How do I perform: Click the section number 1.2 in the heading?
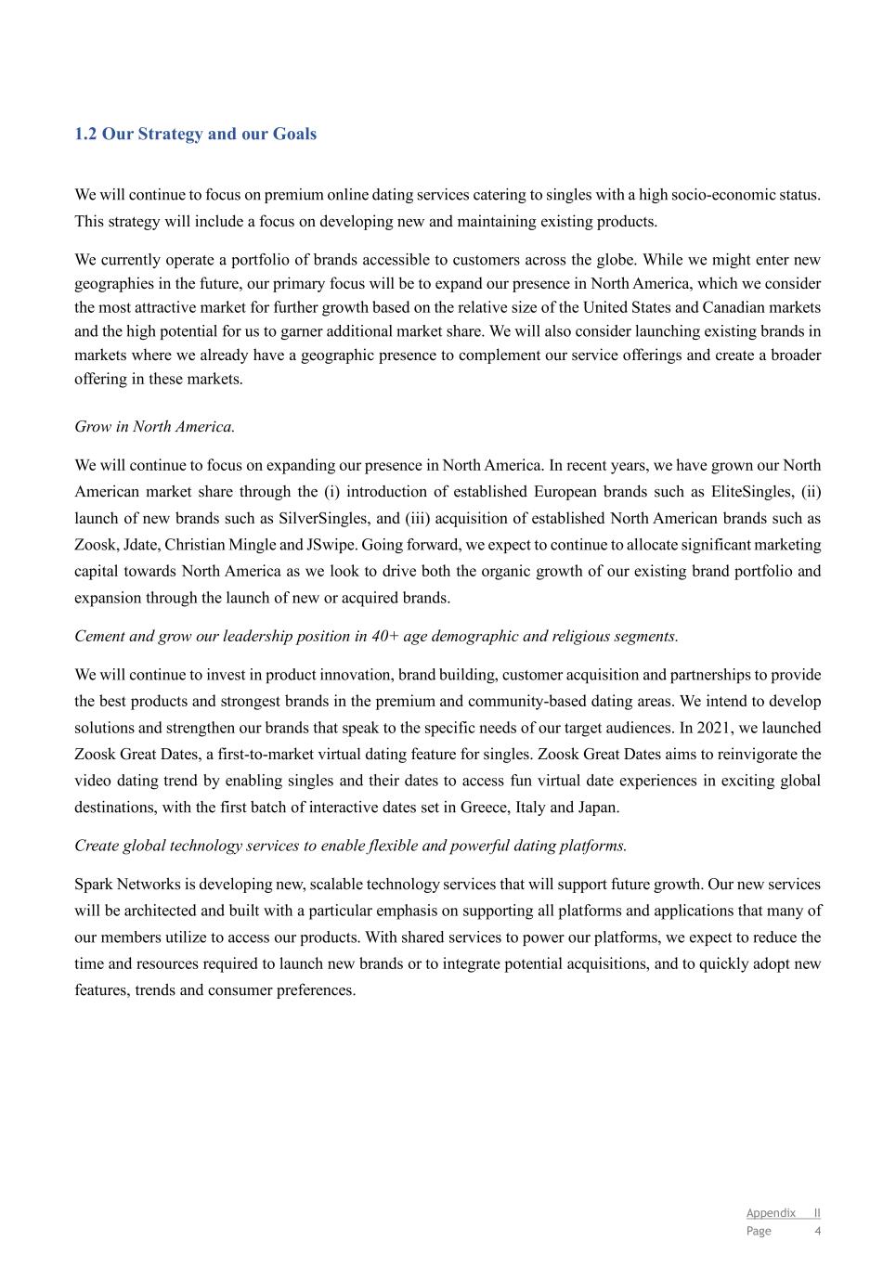pyautogui.click(x=85, y=134)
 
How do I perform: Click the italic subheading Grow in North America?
pyautogui.click(x=154, y=427)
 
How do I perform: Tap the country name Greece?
pyautogui.click(x=484, y=808)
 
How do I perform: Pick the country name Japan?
pyautogui.click(x=597, y=808)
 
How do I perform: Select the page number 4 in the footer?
pyautogui.click(x=817, y=1231)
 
